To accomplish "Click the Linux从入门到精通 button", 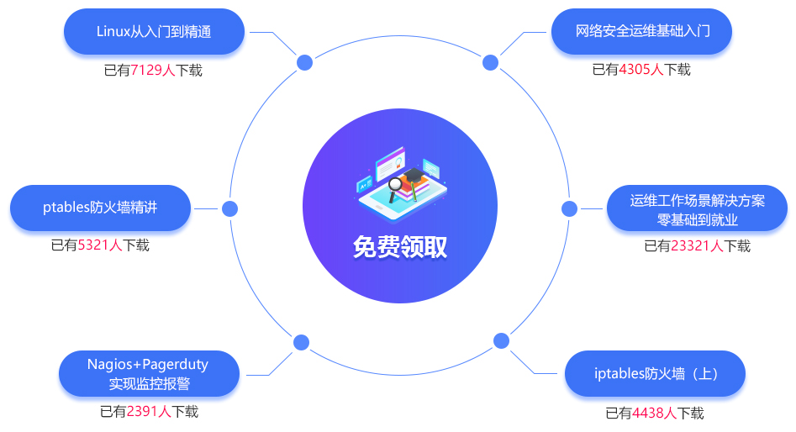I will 154,32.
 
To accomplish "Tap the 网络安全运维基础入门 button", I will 642,32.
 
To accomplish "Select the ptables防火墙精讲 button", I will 100,208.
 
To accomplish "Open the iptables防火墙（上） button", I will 655,374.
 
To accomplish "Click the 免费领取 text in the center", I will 400,247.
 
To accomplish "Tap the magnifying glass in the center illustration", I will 394,187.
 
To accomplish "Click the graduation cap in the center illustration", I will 414,176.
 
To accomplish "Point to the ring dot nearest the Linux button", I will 305,62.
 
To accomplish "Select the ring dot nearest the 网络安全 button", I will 491,62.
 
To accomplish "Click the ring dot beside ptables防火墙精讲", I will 229,208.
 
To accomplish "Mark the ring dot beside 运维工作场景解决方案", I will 569,208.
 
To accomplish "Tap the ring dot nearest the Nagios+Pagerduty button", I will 301,342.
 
